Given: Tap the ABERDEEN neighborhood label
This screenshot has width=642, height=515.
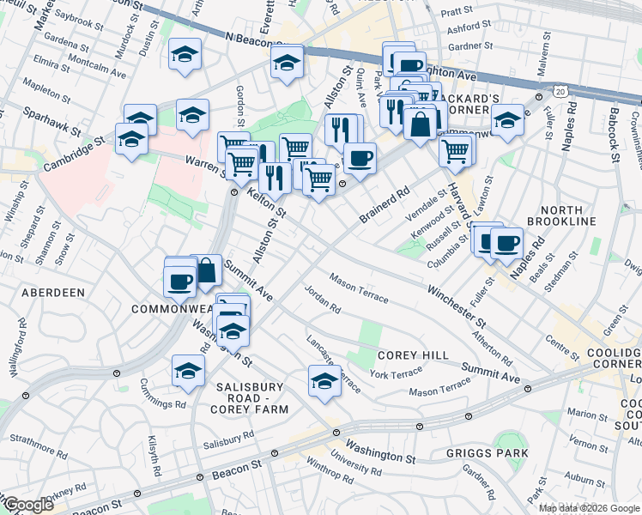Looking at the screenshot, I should [52, 293].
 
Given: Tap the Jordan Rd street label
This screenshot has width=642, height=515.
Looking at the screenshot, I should [323, 298].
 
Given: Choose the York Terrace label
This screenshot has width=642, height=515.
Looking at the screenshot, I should [395, 373].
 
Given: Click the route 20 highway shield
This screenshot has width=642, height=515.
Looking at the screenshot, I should [560, 89].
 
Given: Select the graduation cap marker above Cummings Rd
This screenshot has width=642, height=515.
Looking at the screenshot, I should [187, 370].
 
